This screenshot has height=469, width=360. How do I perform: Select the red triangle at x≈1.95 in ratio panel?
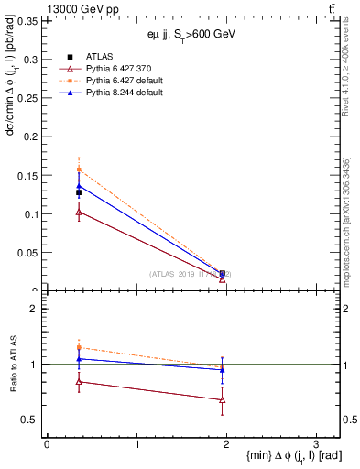[223, 399]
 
